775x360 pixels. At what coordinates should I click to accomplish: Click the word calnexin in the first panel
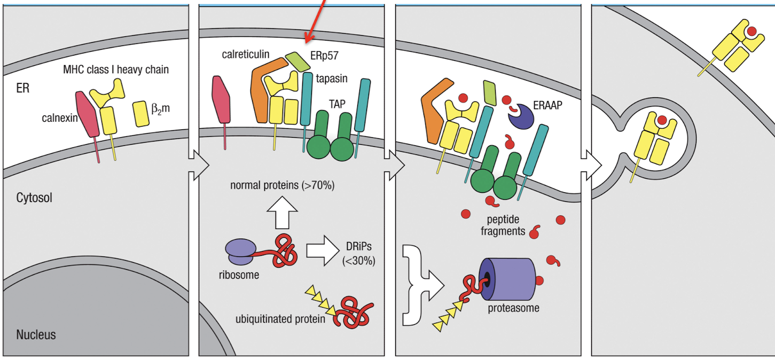(60, 118)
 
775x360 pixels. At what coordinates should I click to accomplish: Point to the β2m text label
(160, 111)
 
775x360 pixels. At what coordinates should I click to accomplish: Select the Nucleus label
(36, 335)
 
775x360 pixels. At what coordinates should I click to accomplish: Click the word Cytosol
(35, 198)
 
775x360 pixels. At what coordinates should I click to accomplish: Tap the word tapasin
(331, 79)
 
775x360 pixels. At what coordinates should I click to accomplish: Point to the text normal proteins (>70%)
(283, 186)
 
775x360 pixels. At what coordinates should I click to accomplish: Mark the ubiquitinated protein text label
(280, 319)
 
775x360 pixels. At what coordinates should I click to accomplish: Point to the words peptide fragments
(503, 225)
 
